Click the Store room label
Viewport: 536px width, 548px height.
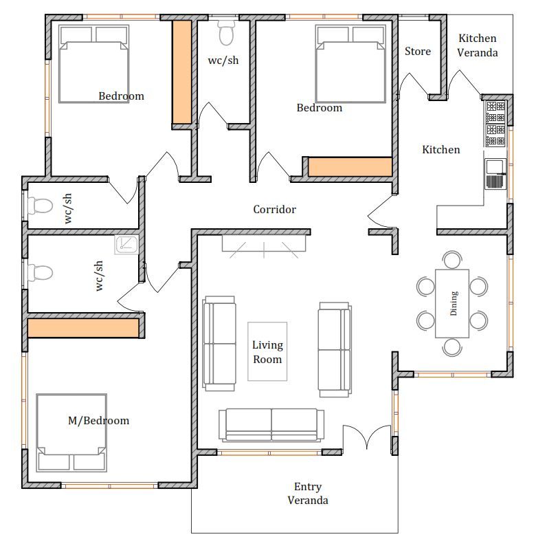[x=418, y=52]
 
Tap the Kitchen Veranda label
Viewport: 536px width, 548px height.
[x=478, y=45]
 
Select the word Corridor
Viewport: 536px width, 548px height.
[x=274, y=209]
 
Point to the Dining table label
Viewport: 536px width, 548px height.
[x=454, y=303]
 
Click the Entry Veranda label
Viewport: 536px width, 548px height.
[x=308, y=493]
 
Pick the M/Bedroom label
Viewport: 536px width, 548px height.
[x=98, y=420]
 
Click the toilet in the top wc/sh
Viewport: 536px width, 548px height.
[x=226, y=32]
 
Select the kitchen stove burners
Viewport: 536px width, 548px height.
[x=495, y=123]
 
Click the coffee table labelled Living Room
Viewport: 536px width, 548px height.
[x=267, y=351]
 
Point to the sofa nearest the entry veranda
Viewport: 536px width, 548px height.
[x=271, y=425]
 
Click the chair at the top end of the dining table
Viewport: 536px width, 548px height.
[x=452, y=259]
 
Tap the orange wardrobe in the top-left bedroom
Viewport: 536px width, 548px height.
[x=182, y=72]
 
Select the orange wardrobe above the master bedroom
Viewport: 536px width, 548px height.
[x=83, y=328]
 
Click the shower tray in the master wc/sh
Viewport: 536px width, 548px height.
[x=126, y=244]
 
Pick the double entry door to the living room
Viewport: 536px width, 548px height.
[x=367, y=437]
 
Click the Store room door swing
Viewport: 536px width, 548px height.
[x=414, y=85]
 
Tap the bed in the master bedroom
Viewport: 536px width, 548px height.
[x=71, y=432]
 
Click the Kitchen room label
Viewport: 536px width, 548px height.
[x=441, y=150]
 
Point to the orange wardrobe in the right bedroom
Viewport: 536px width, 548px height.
[x=350, y=167]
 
